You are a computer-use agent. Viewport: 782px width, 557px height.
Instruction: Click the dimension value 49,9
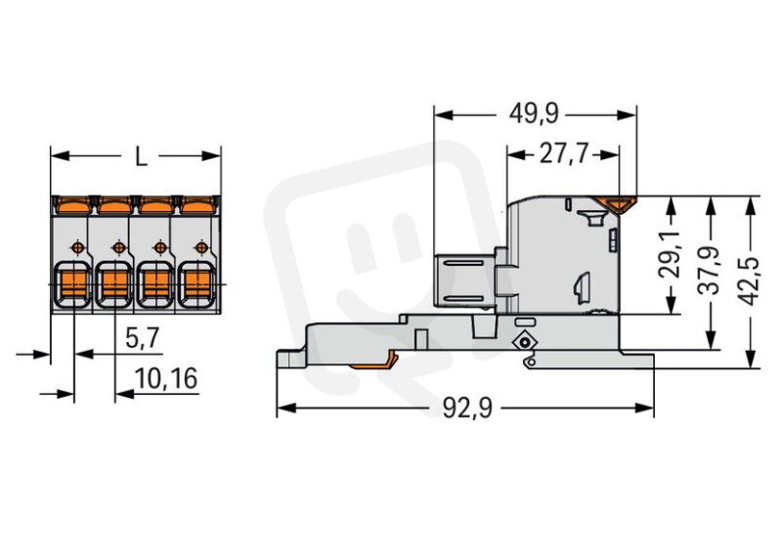pos(533,114)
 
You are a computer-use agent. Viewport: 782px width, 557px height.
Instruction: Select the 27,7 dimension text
pos(564,154)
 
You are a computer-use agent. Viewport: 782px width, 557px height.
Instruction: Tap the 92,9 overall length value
pos(467,408)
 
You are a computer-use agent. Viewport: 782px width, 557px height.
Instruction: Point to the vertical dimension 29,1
pos(672,254)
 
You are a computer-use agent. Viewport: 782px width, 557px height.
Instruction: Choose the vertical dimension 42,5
pos(749,281)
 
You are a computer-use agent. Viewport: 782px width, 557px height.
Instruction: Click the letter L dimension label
pos(142,156)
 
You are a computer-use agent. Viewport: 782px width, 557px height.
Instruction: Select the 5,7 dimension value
pos(142,338)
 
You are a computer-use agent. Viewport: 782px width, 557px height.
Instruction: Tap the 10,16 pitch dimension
pos(166,378)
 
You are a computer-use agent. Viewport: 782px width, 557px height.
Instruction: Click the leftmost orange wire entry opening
pos(73,283)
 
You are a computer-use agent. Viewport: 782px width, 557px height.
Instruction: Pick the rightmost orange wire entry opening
pos(197,283)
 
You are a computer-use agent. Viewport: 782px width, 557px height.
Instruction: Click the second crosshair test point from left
pos(118,247)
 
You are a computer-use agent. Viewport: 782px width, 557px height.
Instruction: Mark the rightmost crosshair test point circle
pos(201,247)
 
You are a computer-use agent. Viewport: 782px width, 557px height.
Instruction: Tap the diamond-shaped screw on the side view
pos(524,343)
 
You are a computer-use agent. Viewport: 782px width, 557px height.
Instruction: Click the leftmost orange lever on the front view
pos(72,204)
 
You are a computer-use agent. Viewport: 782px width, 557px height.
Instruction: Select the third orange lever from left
pos(155,204)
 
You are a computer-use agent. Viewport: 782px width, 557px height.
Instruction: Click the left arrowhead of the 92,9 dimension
pos(285,408)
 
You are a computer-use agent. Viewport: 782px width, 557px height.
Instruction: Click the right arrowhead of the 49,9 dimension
pos(627,114)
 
